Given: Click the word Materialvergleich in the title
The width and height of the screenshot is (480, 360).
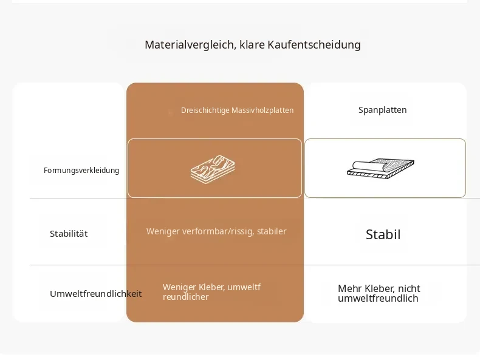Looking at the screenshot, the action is (190, 45).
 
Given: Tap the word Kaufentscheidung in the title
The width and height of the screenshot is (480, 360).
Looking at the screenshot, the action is (314, 45).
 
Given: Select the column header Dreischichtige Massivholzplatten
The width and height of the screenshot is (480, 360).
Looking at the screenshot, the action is (237, 110).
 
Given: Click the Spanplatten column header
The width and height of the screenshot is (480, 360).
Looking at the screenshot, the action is (382, 110).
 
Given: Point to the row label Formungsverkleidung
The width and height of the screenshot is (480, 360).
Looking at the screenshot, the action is (81, 171).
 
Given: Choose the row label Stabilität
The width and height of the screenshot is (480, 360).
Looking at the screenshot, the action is (69, 234).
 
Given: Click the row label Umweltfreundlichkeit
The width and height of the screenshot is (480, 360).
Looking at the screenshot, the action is (96, 294).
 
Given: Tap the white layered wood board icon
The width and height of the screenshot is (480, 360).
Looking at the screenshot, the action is (213, 168).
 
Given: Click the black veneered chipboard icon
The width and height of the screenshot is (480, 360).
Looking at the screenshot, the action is (380, 169).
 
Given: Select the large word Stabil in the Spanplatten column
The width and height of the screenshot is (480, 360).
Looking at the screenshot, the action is (383, 234).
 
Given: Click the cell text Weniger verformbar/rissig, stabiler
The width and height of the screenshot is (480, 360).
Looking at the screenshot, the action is (216, 231).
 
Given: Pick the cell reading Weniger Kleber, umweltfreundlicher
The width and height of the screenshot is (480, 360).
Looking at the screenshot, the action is (211, 292).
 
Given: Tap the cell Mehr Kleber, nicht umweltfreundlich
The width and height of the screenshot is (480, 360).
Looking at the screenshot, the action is (379, 293).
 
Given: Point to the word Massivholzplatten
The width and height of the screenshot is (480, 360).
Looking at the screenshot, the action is (262, 110).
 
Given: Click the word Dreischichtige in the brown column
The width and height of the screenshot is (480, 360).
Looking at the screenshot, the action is (205, 110).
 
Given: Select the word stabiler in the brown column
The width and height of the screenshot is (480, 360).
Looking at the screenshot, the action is (272, 231).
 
